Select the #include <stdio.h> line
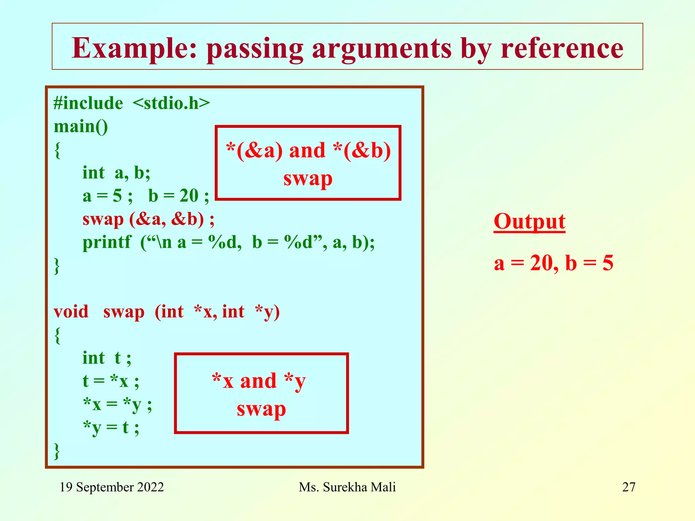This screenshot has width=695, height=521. pyautogui.click(x=132, y=103)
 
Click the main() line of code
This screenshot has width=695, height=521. pyautogui.click(x=81, y=127)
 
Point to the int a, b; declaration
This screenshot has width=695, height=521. pyautogui.click(x=116, y=173)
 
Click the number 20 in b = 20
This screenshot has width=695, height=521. pyautogui.click(x=189, y=196)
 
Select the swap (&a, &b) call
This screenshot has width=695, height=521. pyautogui.click(x=148, y=219)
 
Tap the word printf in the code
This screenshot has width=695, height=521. pyautogui.click(x=107, y=243)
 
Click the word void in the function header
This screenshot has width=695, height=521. pyautogui.click(x=71, y=312)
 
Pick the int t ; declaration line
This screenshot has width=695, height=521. pyautogui.click(x=107, y=358)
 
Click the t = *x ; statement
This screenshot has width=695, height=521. pyautogui.click(x=111, y=381)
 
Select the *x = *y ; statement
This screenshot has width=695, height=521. pyautogui.click(x=117, y=404)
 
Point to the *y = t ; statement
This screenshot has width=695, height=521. pyautogui.click(x=111, y=427)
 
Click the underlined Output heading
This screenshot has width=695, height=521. pyautogui.click(x=529, y=222)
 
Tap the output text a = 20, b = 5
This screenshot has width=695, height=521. pyautogui.click(x=553, y=263)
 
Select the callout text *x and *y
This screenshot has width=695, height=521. pyautogui.click(x=259, y=381)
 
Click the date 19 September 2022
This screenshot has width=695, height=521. pyautogui.click(x=112, y=487)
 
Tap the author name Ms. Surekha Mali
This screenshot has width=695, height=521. pyautogui.click(x=347, y=487)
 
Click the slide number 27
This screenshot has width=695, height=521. pyautogui.click(x=628, y=487)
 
